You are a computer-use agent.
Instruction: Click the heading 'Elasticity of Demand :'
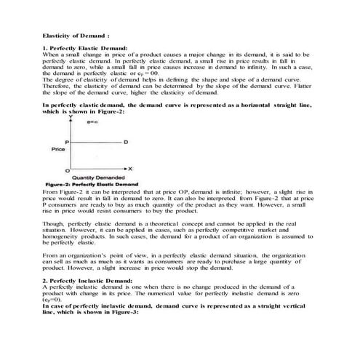(76, 34)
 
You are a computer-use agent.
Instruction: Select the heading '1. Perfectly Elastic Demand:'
(85, 47)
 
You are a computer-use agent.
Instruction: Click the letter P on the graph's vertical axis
(67, 141)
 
